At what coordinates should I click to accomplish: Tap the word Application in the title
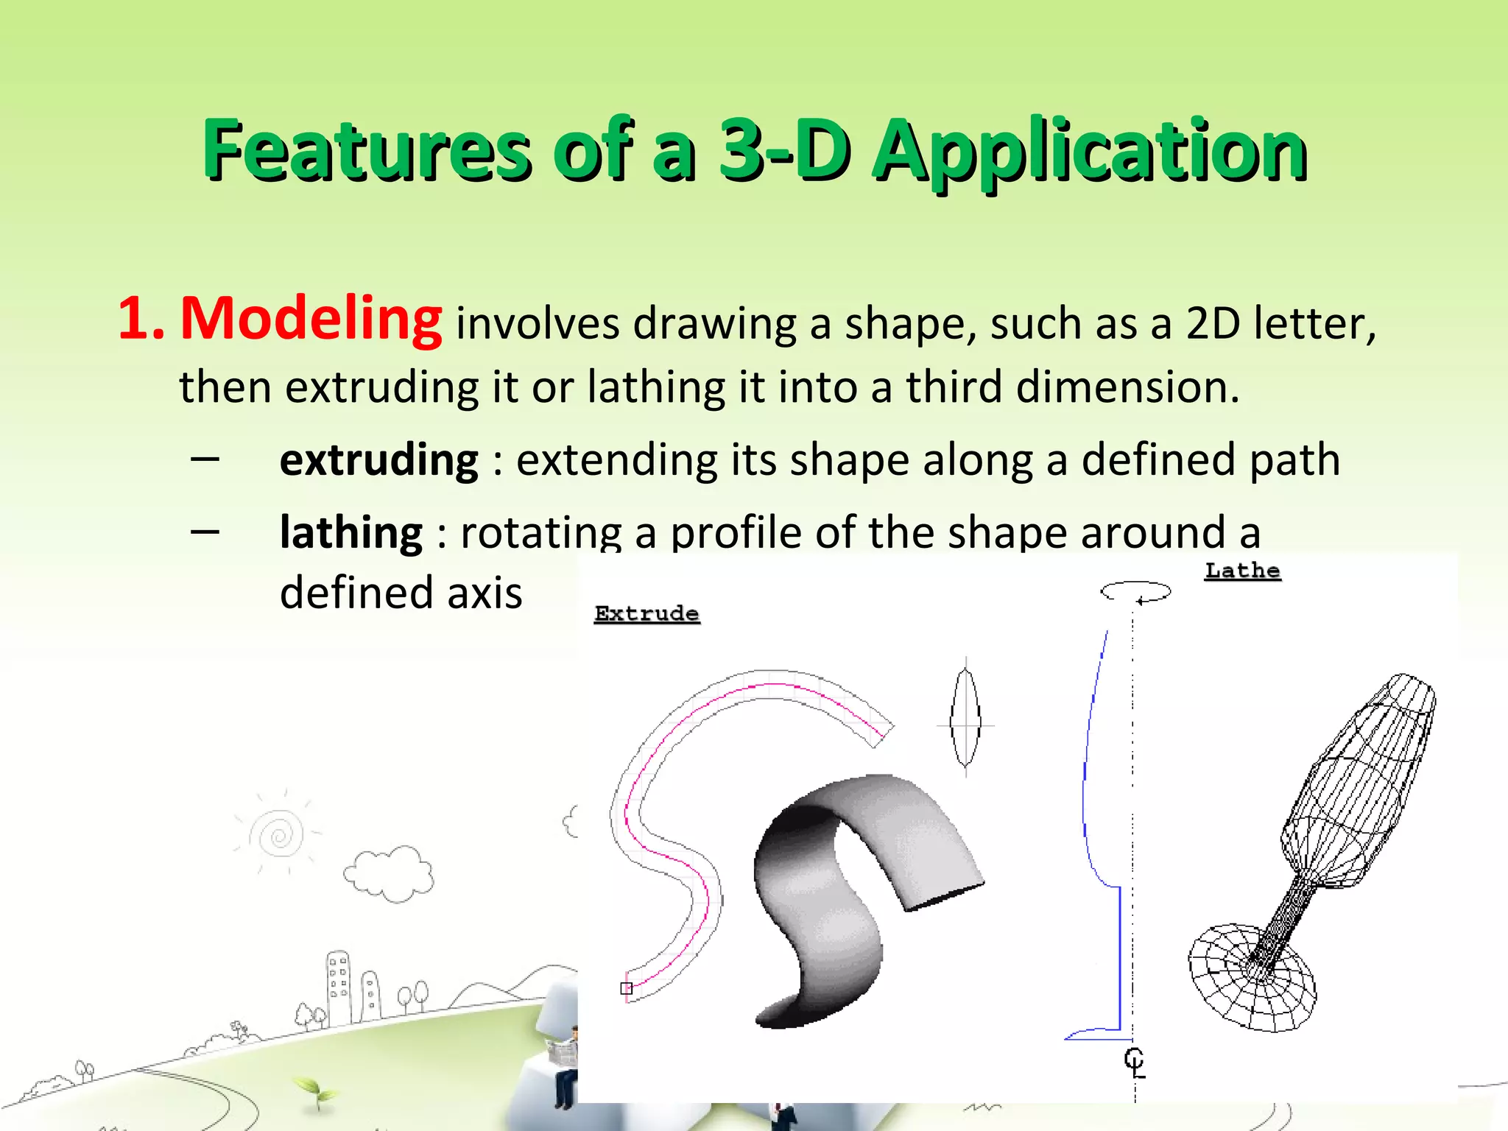click(x=1089, y=152)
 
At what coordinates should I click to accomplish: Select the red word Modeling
click(x=311, y=319)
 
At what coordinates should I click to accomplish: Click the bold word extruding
click(x=379, y=460)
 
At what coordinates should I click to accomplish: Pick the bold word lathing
click(x=351, y=532)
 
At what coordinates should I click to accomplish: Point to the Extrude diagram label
click(x=646, y=614)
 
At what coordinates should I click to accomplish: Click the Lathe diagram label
click(x=1242, y=571)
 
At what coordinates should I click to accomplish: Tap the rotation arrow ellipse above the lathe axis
click(x=1135, y=591)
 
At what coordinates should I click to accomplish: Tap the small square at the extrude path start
click(x=627, y=988)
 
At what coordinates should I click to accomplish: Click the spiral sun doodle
click(x=279, y=834)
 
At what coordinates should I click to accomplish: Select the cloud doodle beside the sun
click(x=389, y=874)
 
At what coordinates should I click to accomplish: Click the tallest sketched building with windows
click(x=339, y=987)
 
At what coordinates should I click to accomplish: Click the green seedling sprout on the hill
click(x=315, y=1091)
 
